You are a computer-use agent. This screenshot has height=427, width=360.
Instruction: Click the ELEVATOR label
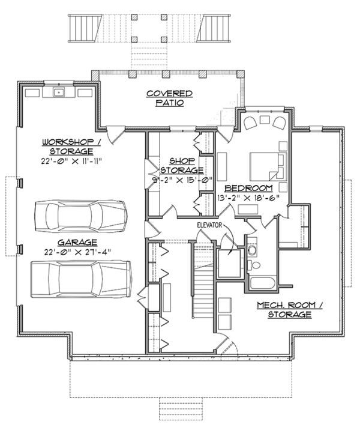pos(209,225)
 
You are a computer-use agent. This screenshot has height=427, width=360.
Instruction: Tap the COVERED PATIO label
pos(170,98)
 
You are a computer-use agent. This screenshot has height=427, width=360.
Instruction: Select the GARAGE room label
pos(77,243)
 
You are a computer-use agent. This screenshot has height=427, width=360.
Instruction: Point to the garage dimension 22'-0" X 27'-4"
pos(78,252)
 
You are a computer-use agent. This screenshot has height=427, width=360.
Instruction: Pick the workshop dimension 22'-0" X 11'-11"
pos(71,161)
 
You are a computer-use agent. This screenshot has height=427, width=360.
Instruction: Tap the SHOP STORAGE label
pos(182,166)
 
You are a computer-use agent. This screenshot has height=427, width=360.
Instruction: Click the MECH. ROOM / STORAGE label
pos(290,310)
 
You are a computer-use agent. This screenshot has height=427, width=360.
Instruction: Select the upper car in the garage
pos(81,216)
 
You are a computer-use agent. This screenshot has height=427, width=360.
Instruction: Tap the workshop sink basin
pos(59,92)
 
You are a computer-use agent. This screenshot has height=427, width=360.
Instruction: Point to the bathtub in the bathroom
pos(263,283)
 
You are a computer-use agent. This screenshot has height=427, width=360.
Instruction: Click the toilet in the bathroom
pos(254,265)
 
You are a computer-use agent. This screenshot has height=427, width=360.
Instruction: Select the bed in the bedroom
pos(269,167)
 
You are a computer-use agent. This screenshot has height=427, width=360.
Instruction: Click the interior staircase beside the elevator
pos(203,281)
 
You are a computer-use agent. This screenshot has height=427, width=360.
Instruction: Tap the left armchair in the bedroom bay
pos(250,123)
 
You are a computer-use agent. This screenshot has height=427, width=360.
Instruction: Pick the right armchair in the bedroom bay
pos(278,123)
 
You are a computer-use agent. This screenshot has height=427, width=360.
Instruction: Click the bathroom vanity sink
pos(252,250)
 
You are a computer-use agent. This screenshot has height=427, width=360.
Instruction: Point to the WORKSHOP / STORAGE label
pos(71,147)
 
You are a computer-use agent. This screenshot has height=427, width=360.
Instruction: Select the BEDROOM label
pos(249,188)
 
